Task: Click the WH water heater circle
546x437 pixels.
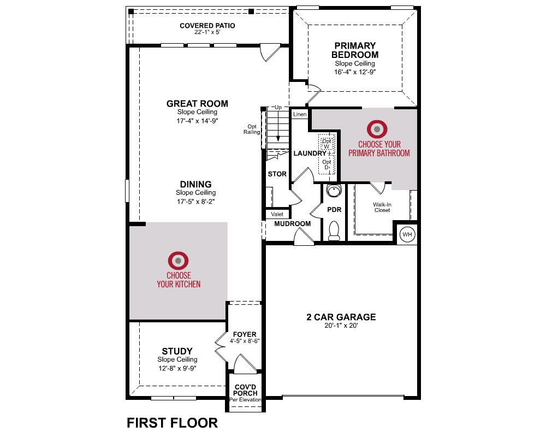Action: tap(407, 234)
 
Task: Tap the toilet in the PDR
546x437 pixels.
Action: tap(334, 231)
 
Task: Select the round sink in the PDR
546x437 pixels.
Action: tap(334, 191)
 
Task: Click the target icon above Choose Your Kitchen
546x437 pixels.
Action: tap(179, 261)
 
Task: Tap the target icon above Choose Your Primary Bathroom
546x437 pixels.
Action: tap(377, 129)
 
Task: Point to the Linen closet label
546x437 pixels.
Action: tap(300, 114)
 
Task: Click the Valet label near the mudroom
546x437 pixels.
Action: tap(277, 214)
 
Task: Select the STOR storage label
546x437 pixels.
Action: tap(277, 174)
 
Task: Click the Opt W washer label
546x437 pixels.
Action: tap(327, 144)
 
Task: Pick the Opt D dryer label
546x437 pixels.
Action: tap(327, 164)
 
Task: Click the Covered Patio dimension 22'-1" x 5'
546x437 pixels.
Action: tap(207, 32)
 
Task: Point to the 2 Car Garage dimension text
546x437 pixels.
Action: tap(341, 326)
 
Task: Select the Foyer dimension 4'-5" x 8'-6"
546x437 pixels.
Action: tap(245, 341)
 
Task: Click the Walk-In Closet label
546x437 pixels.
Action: tap(382, 208)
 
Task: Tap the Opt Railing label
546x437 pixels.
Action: tap(252, 129)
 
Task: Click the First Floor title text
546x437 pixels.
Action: tap(173, 423)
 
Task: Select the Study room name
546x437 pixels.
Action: tap(177, 351)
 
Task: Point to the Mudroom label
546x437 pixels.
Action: tap(293, 224)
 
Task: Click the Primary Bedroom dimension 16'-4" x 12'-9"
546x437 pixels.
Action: tap(355, 72)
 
